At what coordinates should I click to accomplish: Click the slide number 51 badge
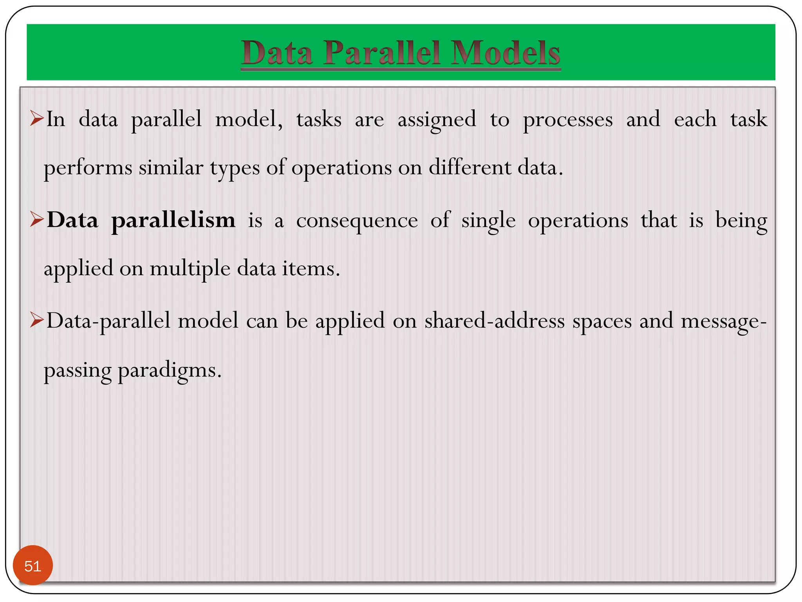pos(33,565)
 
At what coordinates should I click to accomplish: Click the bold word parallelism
pos(173,220)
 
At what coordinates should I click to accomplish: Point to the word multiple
pos(190,269)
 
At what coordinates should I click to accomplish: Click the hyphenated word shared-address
pos(495,321)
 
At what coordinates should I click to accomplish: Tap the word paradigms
pos(170,370)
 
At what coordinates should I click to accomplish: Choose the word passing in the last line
pos(78,370)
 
